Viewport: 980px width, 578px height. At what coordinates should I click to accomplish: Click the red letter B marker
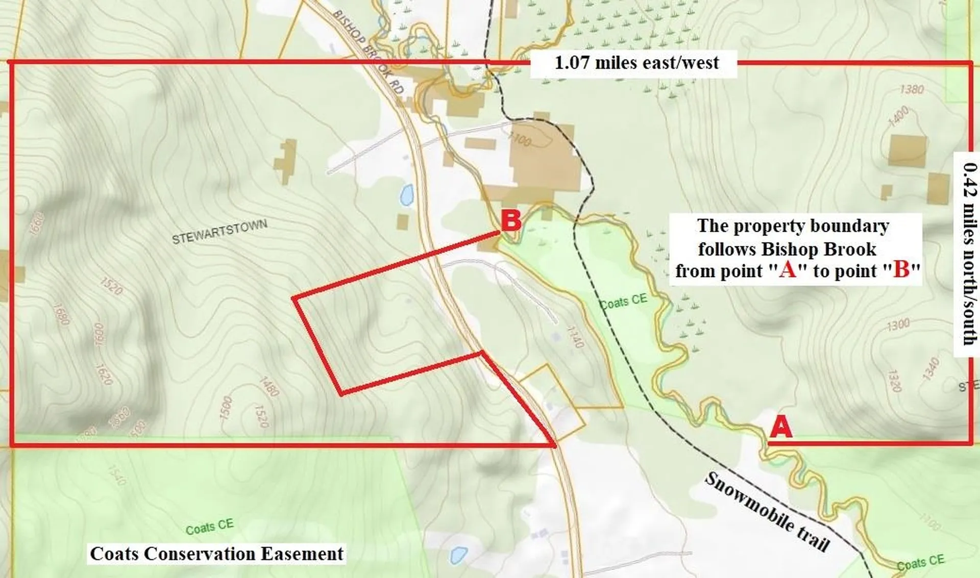511,222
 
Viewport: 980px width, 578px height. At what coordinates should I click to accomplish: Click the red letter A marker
781,428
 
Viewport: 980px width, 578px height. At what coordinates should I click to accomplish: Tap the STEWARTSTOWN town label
219,232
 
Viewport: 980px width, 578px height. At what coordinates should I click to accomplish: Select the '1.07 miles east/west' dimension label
636,63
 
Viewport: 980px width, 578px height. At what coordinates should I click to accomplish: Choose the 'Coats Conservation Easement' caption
217,554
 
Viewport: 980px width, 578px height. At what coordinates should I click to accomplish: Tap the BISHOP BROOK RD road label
369,51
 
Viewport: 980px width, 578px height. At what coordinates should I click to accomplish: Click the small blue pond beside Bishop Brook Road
407,195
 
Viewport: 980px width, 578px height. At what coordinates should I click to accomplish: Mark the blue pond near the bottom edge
458,554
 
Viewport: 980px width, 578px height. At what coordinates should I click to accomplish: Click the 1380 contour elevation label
912,90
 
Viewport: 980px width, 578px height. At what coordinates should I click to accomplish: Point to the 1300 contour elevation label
898,324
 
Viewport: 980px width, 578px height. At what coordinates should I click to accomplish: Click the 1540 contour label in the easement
116,475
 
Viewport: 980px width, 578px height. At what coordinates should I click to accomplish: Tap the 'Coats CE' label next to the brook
623,301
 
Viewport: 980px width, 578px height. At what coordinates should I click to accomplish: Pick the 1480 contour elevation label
269,387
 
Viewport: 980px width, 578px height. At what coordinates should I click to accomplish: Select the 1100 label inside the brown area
520,139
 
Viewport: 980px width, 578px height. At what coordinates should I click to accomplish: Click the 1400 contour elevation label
898,116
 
